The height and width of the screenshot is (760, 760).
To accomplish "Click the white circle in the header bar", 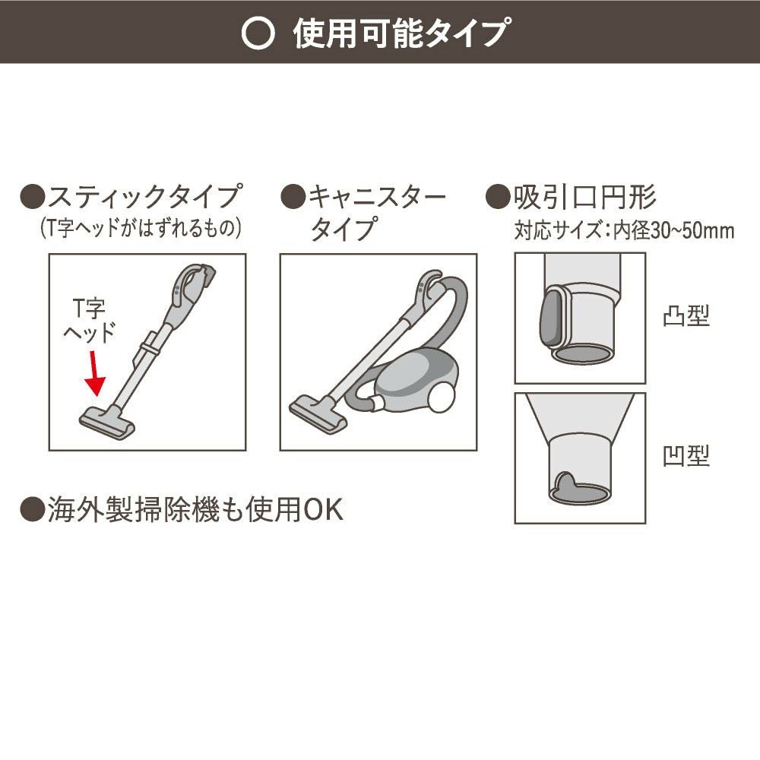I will (258, 33).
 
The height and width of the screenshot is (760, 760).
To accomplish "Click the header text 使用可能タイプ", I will (401, 33).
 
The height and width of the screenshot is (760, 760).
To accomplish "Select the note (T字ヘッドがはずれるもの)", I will (141, 228).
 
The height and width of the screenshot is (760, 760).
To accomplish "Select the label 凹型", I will (686, 456).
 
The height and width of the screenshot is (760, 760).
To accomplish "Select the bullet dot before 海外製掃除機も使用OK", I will (32, 510).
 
